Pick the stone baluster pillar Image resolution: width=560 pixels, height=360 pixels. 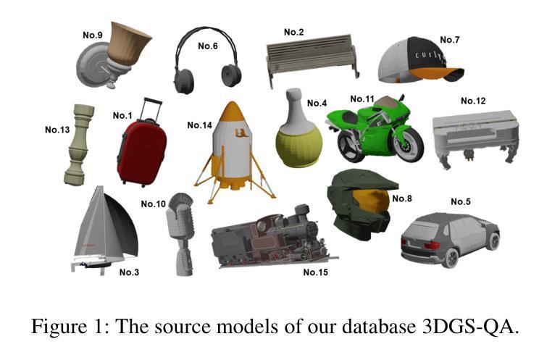(78, 143)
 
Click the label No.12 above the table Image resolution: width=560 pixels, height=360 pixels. (473, 101)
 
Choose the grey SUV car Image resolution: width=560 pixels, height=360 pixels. (449, 240)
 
